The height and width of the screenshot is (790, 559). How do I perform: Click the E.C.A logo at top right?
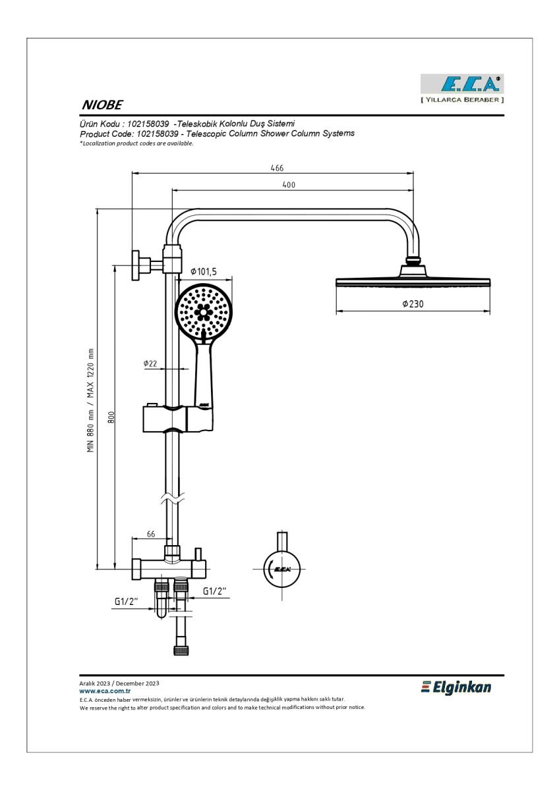(x=462, y=88)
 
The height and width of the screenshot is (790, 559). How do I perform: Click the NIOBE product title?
(x=102, y=105)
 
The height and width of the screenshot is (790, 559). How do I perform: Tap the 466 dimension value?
(x=277, y=168)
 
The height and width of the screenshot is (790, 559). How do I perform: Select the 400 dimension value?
(x=289, y=184)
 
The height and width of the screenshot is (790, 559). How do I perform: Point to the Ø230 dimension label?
(x=413, y=303)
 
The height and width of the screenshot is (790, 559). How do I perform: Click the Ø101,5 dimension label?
(x=204, y=271)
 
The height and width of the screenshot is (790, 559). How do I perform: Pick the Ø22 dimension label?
(x=150, y=363)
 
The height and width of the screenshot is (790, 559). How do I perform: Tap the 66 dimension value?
(x=151, y=535)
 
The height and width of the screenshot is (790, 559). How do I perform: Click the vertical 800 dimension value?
(x=111, y=417)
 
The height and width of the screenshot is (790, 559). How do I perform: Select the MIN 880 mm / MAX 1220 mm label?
(x=91, y=400)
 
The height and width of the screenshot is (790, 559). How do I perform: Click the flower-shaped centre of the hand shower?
(x=204, y=311)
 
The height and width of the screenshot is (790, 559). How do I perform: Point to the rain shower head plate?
(x=413, y=282)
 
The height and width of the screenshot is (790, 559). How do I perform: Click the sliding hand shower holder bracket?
(x=178, y=419)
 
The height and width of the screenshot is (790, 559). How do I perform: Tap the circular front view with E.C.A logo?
(x=281, y=569)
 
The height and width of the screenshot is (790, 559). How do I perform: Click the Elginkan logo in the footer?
(x=456, y=687)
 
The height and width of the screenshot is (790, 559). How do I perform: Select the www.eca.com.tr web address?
(x=105, y=691)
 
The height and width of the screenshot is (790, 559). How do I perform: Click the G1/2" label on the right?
(x=214, y=591)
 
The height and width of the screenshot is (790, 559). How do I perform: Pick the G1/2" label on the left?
(x=126, y=601)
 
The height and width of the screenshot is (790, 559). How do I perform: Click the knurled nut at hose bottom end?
(x=181, y=650)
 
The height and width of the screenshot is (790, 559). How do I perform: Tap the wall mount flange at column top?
(x=136, y=265)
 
